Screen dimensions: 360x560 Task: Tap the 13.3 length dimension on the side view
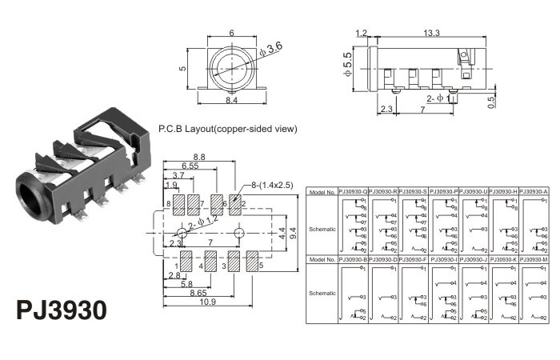coord(432,34)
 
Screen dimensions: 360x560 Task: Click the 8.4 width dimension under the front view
coord(230,101)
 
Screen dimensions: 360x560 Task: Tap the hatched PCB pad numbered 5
coord(252,262)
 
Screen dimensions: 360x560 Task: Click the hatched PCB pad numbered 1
coord(186,262)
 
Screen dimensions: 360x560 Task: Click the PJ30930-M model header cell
coord(534,260)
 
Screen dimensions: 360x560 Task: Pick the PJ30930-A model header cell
coord(534,191)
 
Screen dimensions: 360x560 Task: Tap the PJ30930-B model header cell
coord(353,260)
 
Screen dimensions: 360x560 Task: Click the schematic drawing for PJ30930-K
coord(503,294)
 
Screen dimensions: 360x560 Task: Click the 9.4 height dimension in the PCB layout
coord(293,233)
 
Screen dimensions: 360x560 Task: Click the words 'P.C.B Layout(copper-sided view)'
coord(227,128)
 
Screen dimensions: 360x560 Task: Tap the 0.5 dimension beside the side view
coord(490,100)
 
